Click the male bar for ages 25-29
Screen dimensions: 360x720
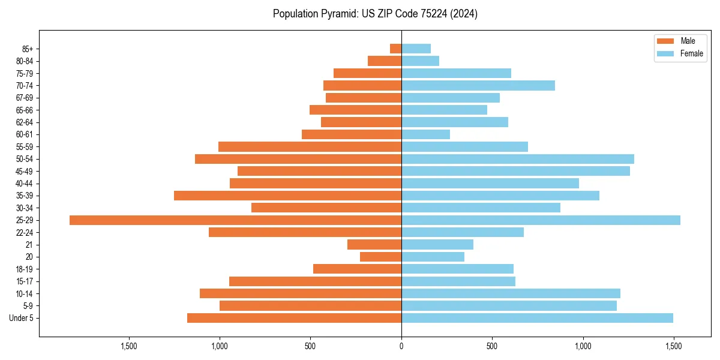tap(235, 220)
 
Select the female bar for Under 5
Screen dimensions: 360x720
tap(537, 318)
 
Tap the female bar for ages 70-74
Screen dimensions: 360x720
tap(478, 86)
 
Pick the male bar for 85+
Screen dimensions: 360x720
tap(396, 49)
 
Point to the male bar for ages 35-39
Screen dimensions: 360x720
tap(287, 196)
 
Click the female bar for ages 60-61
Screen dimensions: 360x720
tap(425, 134)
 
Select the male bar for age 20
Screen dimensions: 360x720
tap(380, 257)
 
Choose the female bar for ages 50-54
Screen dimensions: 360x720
tap(517, 159)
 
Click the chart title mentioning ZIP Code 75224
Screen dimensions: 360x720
tap(375, 14)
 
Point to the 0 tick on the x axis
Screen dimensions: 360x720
tap(401, 346)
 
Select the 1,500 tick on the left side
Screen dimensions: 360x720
tap(129, 346)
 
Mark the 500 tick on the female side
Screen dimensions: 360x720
tap(492, 346)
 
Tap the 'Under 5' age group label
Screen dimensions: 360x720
tap(21, 318)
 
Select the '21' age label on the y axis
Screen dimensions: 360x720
tap(29, 245)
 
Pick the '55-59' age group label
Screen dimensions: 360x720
tap(25, 147)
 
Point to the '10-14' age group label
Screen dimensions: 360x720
tap(25, 293)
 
